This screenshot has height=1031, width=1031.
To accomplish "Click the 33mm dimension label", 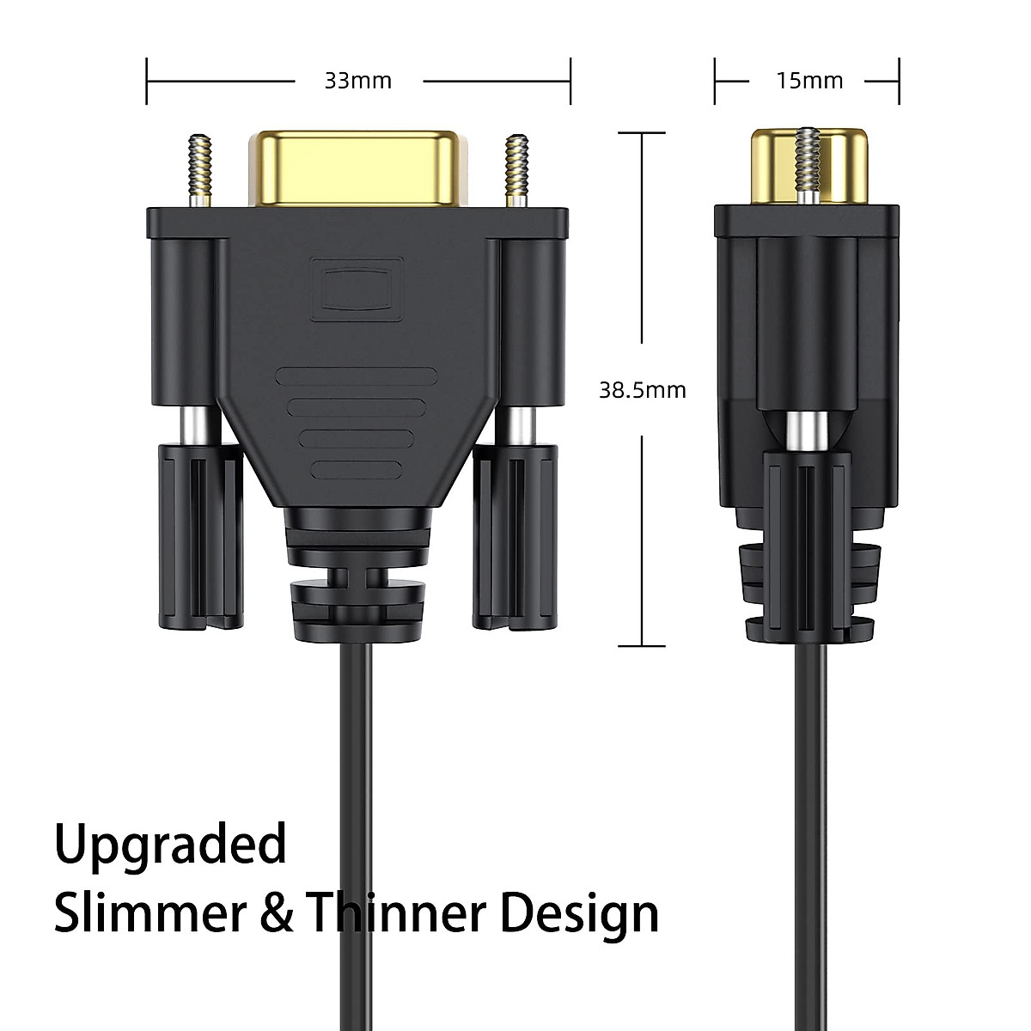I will click(x=357, y=81).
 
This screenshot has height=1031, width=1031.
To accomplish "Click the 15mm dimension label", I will click(x=809, y=81).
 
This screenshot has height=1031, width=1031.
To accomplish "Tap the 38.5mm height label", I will click(x=643, y=390).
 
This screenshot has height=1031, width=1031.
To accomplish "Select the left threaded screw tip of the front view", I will click(x=201, y=168).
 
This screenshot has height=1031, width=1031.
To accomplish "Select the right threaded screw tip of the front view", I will click(x=515, y=168).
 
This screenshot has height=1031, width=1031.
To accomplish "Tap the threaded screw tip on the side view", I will click(x=808, y=159).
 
